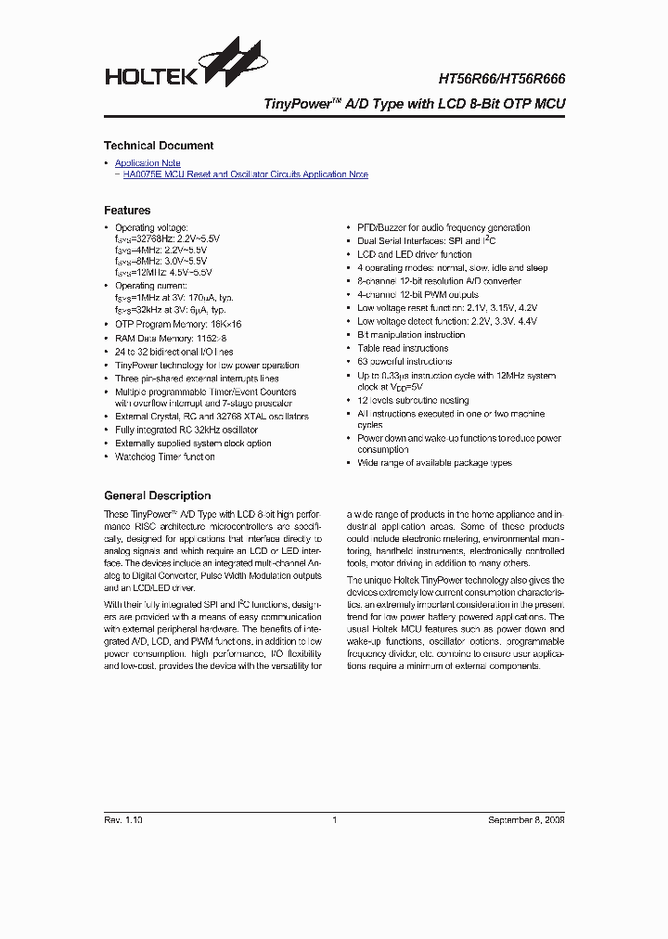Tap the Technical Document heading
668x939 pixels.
click(159, 146)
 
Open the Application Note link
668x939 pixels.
click(148, 163)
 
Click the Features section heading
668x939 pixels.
click(127, 211)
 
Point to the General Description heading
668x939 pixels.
click(158, 495)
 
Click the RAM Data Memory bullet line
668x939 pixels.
click(171, 339)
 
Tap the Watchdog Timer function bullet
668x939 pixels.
click(165, 457)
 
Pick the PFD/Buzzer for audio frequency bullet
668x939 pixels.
click(443, 227)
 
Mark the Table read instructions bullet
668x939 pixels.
click(403, 348)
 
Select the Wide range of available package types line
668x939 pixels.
click(434, 462)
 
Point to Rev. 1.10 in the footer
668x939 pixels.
click(123, 820)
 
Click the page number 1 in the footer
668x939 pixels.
click(334, 820)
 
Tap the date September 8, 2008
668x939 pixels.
click(526, 820)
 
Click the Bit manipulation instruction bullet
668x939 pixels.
click(411, 335)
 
